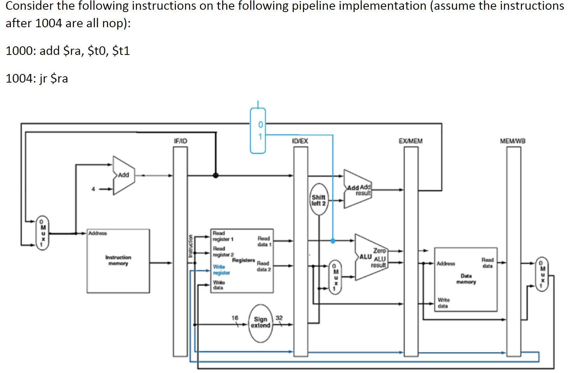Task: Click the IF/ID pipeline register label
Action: pos(180,141)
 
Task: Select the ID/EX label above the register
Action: pos(300,141)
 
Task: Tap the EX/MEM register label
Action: pos(410,141)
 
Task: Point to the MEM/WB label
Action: pos(512,141)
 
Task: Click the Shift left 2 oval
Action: pos(319,200)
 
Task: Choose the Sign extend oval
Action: pos(260,323)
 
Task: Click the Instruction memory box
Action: pos(118,260)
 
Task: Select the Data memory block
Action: pos(466,279)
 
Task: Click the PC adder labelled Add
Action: pos(123,175)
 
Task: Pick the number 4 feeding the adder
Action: pos(93,189)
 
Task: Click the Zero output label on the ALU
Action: pos(379,251)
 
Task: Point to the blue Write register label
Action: pos(221,270)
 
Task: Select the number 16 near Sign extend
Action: pos(235,318)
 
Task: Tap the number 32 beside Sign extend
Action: pos(279,318)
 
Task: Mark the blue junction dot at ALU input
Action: pos(333,241)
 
